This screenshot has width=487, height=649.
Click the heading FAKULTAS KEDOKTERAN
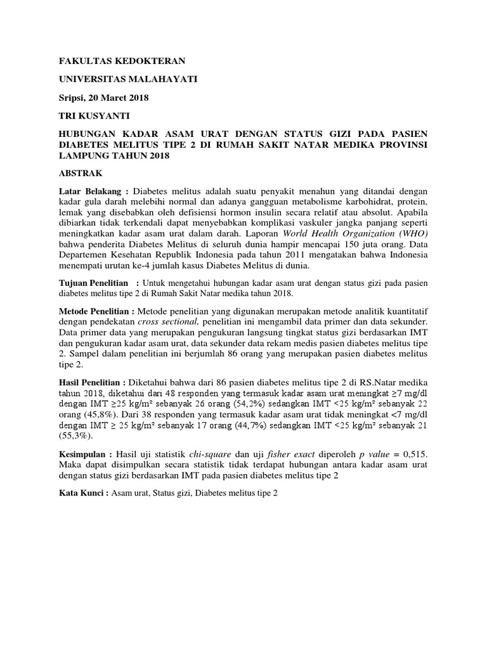[x=113, y=62]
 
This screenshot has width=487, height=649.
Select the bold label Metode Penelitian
[x=95, y=312]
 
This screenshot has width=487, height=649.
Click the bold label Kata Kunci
[x=81, y=493]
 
